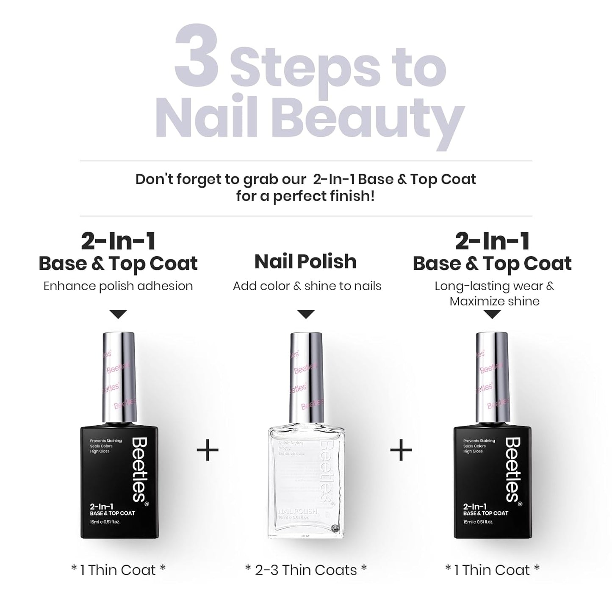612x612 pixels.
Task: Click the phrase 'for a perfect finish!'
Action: [x=305, y=197]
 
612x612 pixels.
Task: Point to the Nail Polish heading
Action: [x=305, y=261]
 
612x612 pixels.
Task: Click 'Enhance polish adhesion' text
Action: [x=118, y=286]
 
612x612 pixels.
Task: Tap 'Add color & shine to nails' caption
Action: [x=307, y=286]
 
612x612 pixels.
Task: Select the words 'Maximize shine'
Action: [x=494, y=302]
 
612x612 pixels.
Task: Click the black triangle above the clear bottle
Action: [x=306, y=314]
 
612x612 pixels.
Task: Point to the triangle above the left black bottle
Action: [x=118, y=314]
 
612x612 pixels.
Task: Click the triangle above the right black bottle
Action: [x=492, y=314]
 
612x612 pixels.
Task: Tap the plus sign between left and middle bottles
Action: [x=208, y=450]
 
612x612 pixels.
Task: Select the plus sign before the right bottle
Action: [x=401, y=450]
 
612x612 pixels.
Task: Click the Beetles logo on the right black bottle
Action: [x=512, y=470]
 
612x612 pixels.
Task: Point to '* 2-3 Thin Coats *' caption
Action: [x=306, y=570]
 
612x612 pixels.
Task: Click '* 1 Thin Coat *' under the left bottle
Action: [x=118, y=570]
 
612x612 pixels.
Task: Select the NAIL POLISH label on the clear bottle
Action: [x=297, y=512]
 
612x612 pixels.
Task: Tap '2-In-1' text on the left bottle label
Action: [x=101, y=506]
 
